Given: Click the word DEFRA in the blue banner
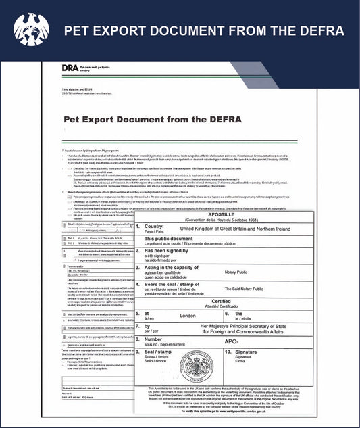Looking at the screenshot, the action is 317,31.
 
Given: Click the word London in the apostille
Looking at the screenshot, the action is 200,314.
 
